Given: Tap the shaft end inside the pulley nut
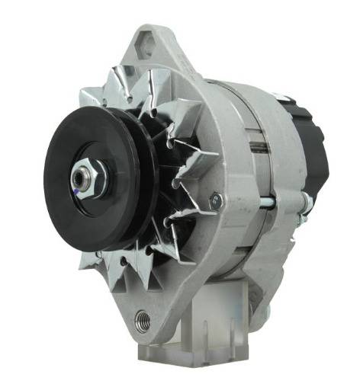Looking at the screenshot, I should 79,178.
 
